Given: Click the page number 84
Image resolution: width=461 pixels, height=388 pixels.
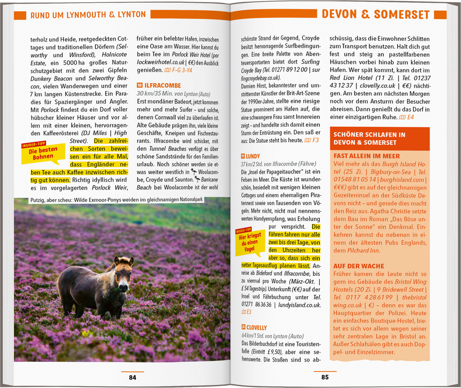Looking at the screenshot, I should [x=132, y=378].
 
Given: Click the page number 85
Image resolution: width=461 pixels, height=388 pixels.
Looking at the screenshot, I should [x=325, y=378].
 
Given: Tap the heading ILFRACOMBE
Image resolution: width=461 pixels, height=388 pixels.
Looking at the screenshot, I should [x=162, y=85].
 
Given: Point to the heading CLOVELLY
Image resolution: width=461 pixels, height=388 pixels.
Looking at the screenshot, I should [x=256, y=327].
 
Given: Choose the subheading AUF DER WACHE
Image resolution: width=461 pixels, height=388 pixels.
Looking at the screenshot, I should [x=358, y=266].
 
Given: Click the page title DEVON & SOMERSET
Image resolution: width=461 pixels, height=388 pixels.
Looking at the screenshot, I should [x=376, y=14].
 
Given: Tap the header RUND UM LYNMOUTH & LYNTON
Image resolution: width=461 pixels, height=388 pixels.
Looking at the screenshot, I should [x=88, y=15].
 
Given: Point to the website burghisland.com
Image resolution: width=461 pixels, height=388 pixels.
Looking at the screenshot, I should [x=405, y=180].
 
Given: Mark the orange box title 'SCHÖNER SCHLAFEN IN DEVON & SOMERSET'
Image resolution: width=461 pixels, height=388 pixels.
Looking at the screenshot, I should [x=369, y=138].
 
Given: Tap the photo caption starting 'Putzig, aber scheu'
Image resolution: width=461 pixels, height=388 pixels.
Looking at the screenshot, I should [x=116, y=199].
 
